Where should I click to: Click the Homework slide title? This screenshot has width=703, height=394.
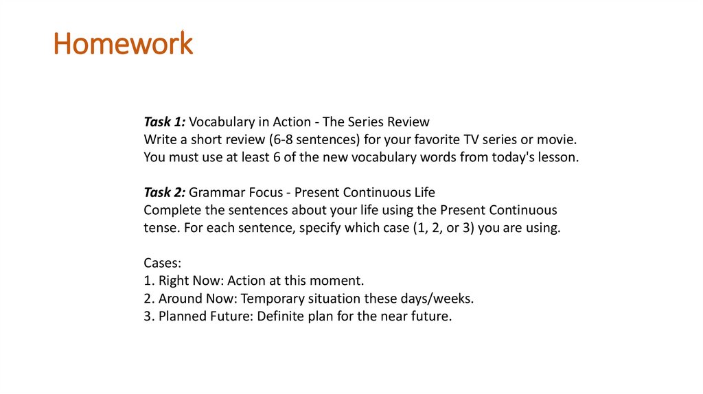pos(124,44)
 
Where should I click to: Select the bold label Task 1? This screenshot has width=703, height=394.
pos(164,122)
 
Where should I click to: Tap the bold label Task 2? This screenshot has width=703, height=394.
pos(164,192)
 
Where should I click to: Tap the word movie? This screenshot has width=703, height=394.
pos(557,140)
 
